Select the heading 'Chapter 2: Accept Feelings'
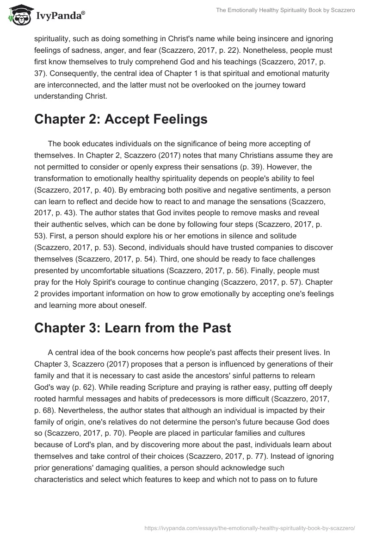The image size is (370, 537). (121, 119)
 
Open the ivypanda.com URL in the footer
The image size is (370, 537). (250, 527)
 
